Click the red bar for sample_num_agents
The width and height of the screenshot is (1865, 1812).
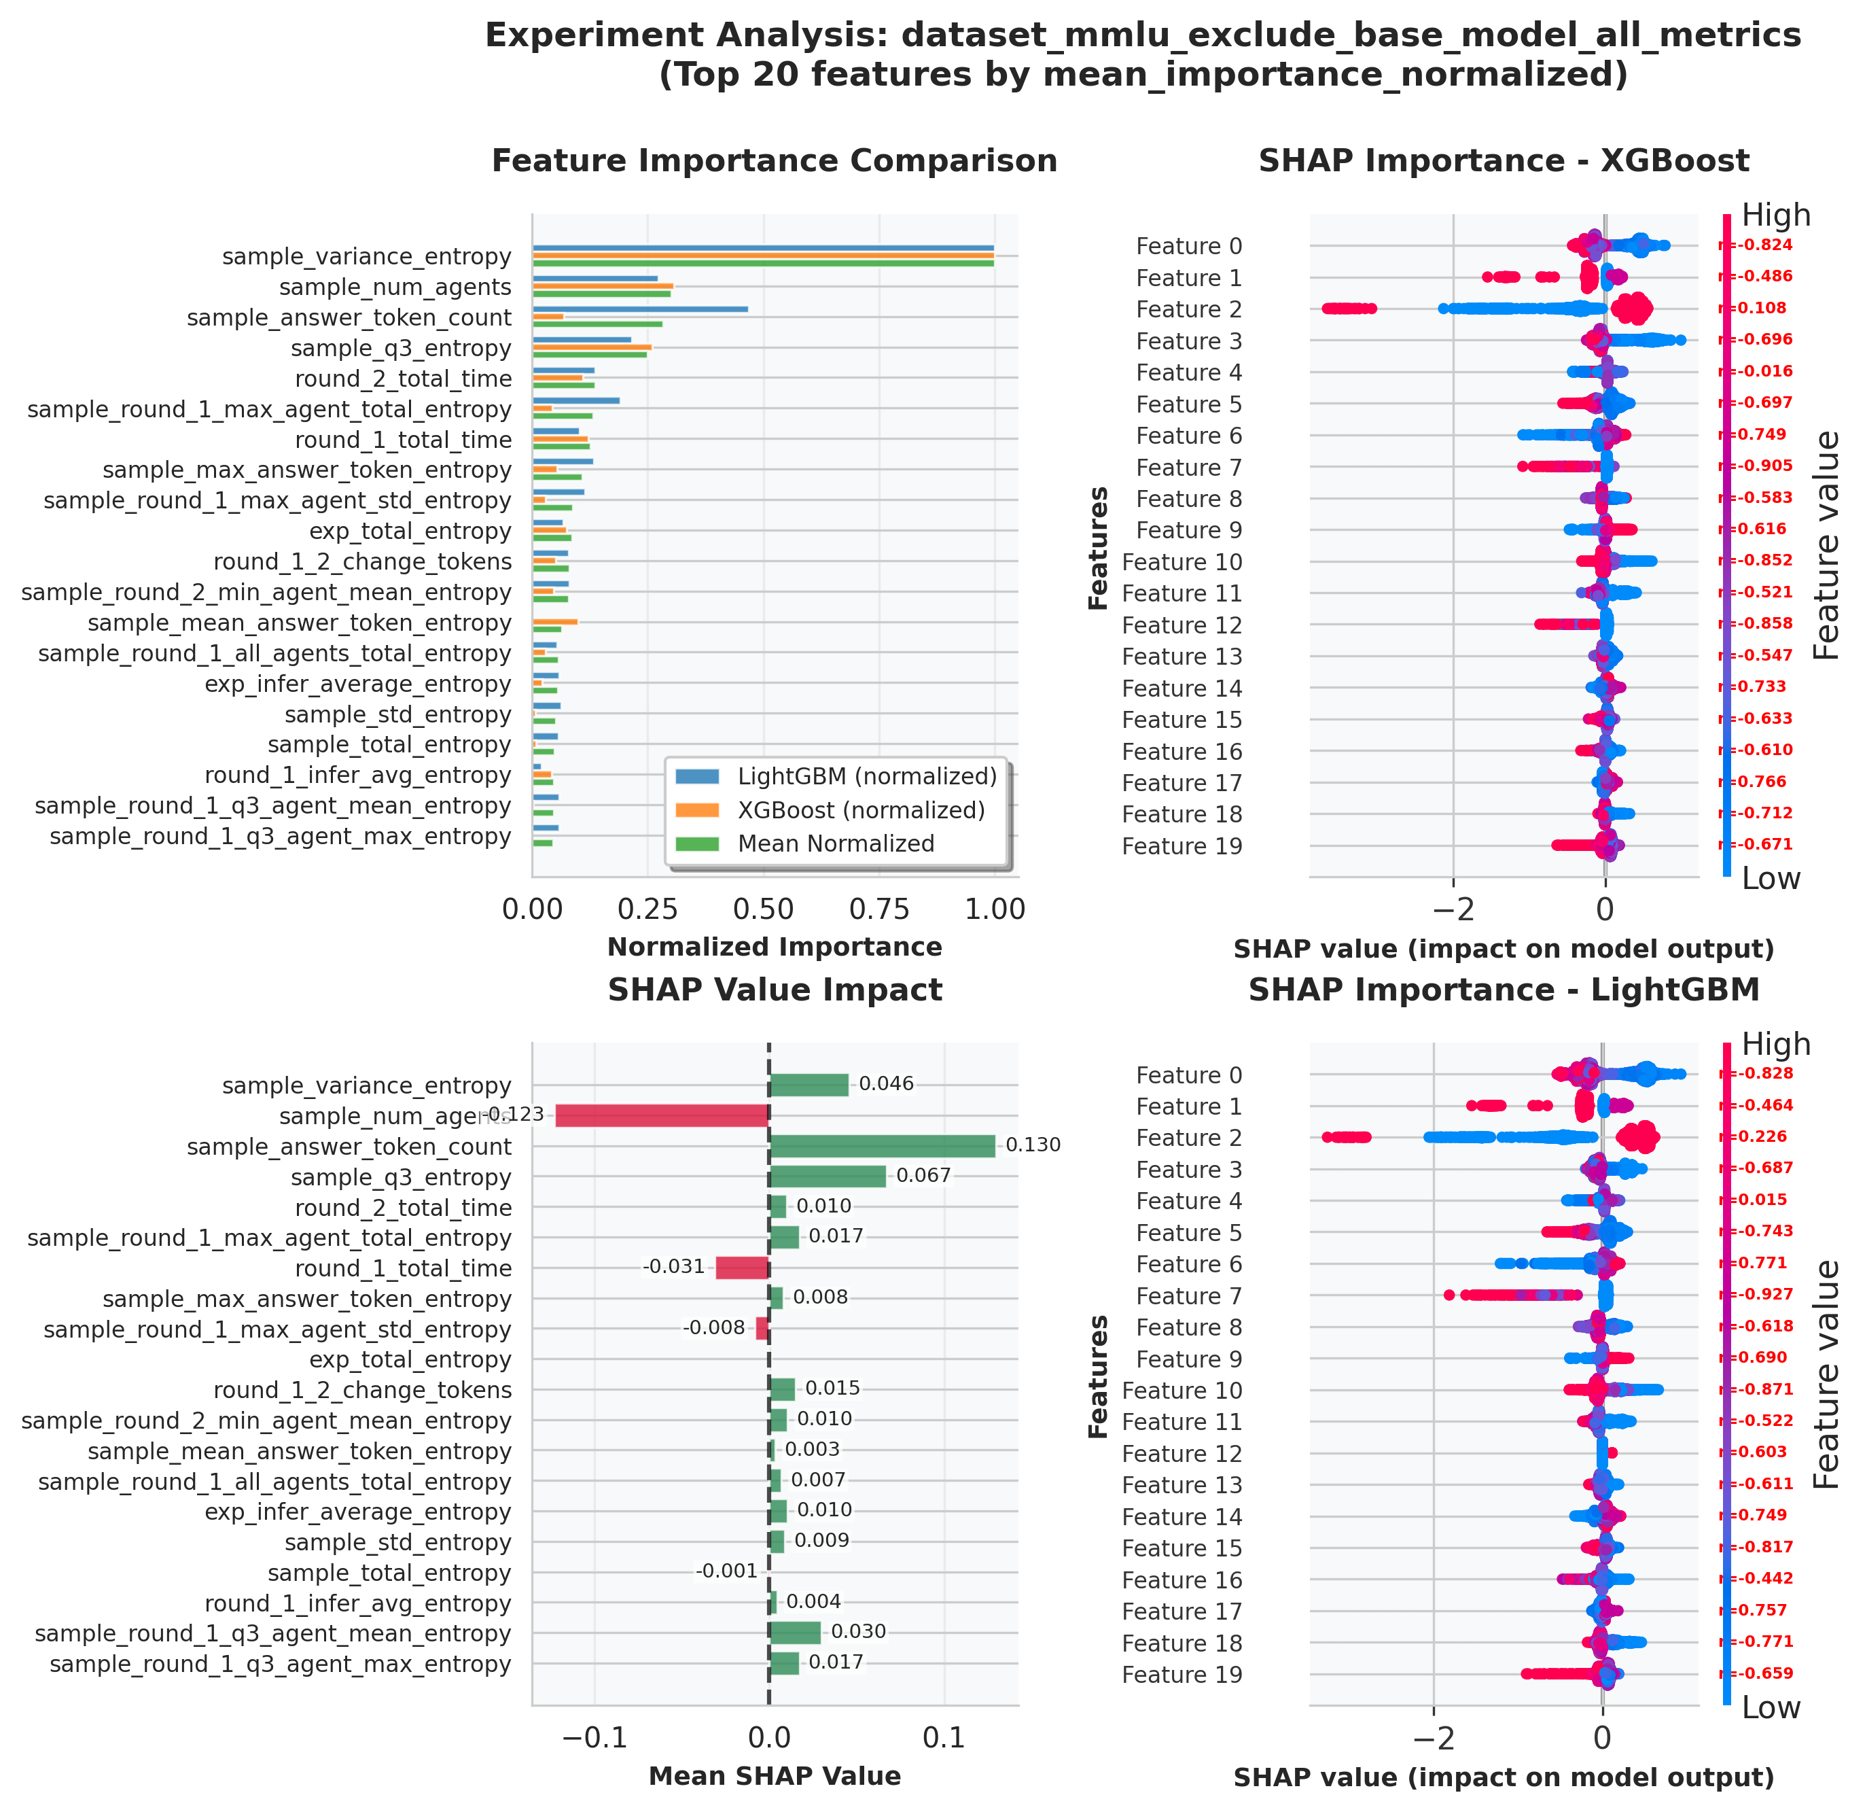tap(661, 1115)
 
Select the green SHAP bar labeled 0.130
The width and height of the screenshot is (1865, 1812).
tap(881, 1146)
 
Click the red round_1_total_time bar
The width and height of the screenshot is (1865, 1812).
tap(741, 1268)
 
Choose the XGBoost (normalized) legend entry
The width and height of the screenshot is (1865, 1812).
tap(860, 811)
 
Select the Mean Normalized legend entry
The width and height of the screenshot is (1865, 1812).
tap(836, 844)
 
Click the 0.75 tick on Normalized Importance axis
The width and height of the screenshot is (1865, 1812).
tap(879, 910)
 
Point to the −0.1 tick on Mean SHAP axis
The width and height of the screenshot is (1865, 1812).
tap(594, 1739)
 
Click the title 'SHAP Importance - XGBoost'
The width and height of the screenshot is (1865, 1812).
tap(1504, 161)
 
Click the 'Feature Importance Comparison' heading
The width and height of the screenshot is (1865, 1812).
tap(775, 161)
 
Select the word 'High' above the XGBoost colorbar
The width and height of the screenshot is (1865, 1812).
tap(1775, 216)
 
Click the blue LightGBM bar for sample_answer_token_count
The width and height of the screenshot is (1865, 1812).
tap(639, 309)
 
